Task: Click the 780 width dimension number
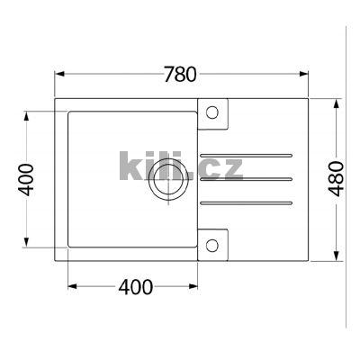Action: [180, 75]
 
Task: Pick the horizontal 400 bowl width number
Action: [134, 287]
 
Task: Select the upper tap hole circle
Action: [212, 112]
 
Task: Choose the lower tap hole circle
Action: [212, 244]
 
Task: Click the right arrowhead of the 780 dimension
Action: [304, 76]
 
